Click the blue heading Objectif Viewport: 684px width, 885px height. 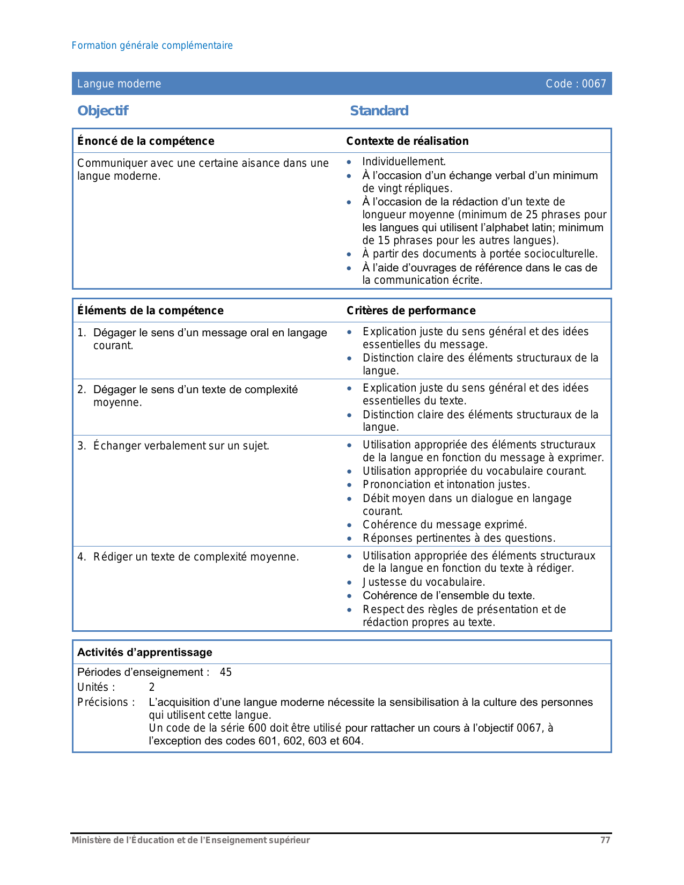click(x=103, y=111)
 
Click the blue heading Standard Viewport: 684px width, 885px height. click(x=379, y=111)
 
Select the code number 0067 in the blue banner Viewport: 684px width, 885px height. click(x=594, y=84)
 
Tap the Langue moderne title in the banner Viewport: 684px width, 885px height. click(x=119, y=84)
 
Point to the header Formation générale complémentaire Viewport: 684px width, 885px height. click(x=152, y=46)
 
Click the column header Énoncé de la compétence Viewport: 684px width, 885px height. click(x=145, y=141)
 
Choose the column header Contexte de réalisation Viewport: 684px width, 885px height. click(x=407, y=141)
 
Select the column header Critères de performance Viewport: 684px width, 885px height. click(x=411, y=311)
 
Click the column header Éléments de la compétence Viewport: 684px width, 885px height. click(x=150, y=311)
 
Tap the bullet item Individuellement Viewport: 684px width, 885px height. click(x=404, y=161)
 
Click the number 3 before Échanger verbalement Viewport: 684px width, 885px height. click(x=80, y=446)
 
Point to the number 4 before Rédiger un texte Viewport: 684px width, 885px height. click(x=80, y=557)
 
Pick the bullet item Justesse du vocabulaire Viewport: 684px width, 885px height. click(x=424, y=582)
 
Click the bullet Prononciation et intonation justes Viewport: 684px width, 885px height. click(x=446, y=484)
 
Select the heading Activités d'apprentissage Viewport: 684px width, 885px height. click(x=145, y=652)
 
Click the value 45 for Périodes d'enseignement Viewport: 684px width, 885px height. click(x=226, y=672)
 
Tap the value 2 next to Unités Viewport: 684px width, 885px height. click(x=152, y=687)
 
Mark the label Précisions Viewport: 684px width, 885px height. click(x=106, y=702)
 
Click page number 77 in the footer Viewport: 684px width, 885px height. click(x=605, y=840)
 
